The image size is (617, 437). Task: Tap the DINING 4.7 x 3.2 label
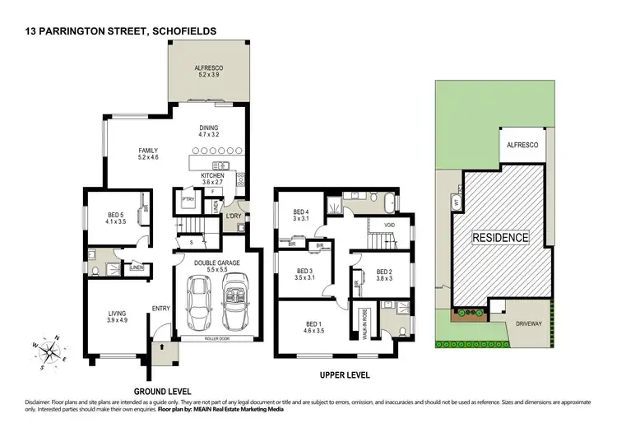coord(210,132)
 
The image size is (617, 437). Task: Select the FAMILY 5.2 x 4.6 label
coord(148,154)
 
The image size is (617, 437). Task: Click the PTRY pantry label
coord(187,199)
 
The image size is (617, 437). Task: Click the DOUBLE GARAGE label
coord(216,266)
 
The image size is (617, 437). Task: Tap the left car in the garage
coord(200,302)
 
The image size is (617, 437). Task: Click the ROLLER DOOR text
coord(217,338)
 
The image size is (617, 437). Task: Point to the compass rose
coord(51,349)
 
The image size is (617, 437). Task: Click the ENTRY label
coord(160,309)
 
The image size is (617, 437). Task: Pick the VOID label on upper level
coord(390,224)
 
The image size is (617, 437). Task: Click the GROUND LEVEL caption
coord(163,391)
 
